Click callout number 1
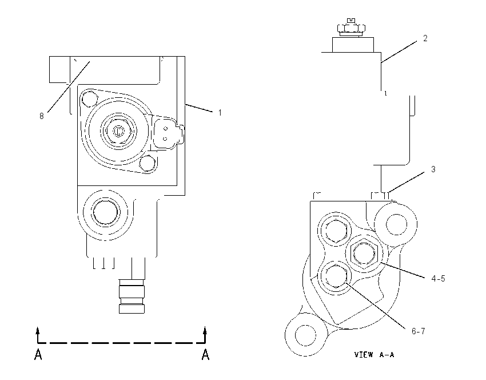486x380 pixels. [x=220, y=113]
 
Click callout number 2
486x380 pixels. [x=425, y=38]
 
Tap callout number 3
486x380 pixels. [x=433, y=169]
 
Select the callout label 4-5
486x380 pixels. [x=438, y=279]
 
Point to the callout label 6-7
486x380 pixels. [x=418, y=331]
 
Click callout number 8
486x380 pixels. [x=42, y=116]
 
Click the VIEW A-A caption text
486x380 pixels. [x=374, y=355]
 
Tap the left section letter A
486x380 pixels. [x=38, y=354]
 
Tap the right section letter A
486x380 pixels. [x=205, y=354]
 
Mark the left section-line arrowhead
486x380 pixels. [x=38, y=330]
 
